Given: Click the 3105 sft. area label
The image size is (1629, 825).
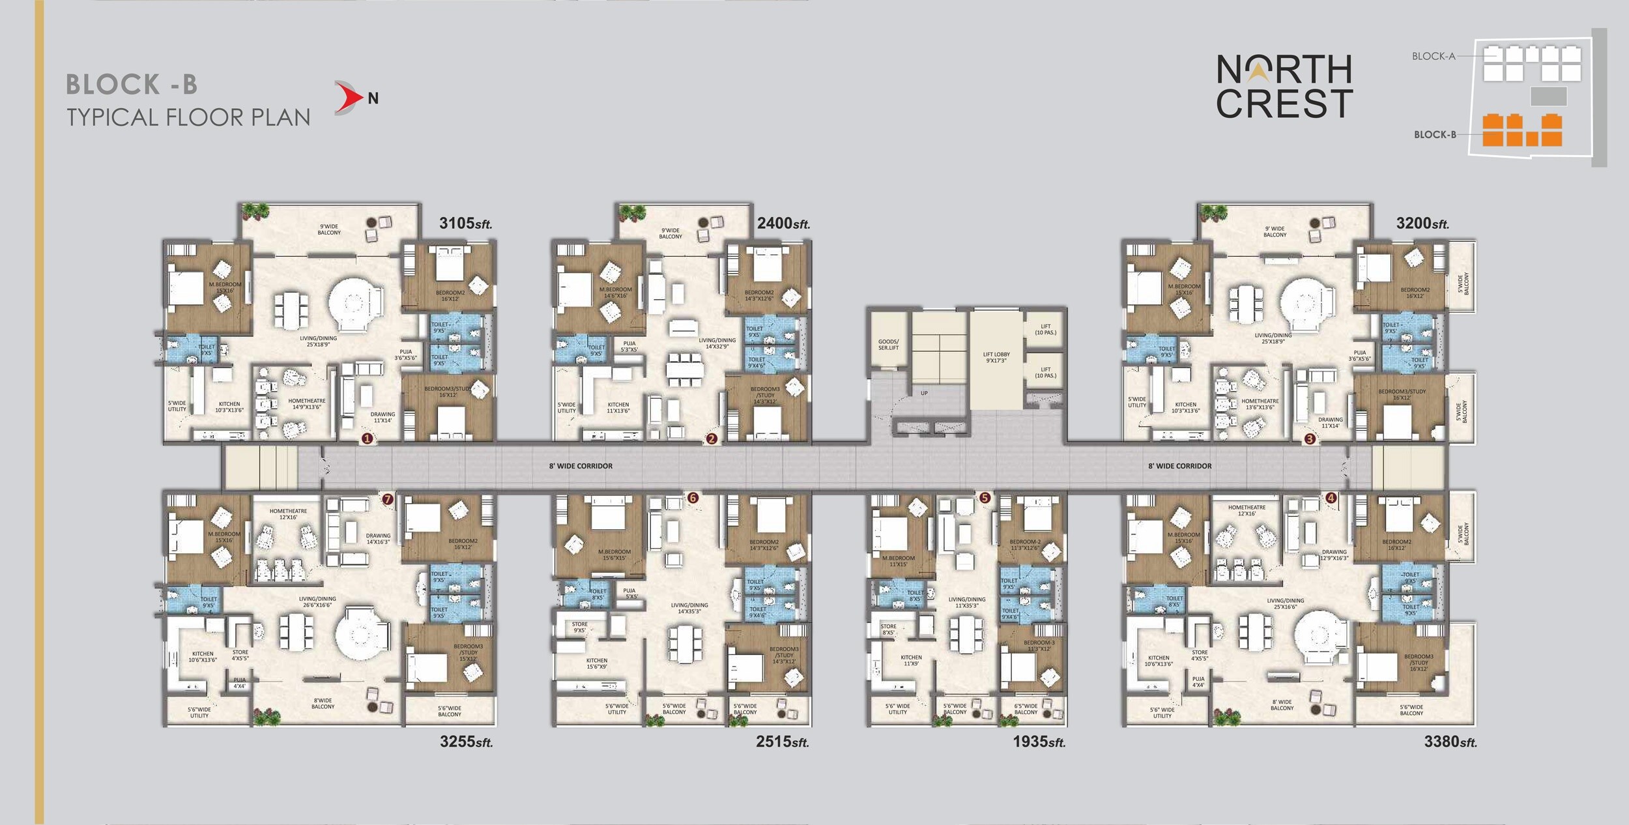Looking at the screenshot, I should pyautogui.click(x=465, y=224).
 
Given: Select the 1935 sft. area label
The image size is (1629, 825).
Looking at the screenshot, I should pyautogui.click(x=1039, y=742).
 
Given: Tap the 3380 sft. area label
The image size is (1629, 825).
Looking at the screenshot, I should pyautogui.click(x=1450, y=742).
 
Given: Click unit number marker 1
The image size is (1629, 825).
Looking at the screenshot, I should pyautogui.click(x=367, y=439).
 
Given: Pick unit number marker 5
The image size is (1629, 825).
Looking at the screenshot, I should pyautogui.click(x=985, y=498).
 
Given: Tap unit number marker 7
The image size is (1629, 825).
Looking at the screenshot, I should pyautogui.click(x=388, y=499).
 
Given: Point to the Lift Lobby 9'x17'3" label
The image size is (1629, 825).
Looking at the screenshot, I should pyautogui.click(x=996, y=358).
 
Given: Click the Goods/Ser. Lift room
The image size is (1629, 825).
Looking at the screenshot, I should pyautogui.click(x=888, y=345).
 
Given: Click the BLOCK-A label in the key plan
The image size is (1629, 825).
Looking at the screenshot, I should pyautogui.click(x=1434, y=56).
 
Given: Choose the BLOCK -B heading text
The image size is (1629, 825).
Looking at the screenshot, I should pyautogui.click(x=132, y=85).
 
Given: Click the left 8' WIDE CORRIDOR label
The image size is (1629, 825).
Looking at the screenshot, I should pyautogui.click(x=581, y=466).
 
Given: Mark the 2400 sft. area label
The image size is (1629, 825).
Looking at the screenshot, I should pyautogui.click(x=783, y=224).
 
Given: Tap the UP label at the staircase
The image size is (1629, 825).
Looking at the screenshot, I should pyautogui.click(x=924, y=393).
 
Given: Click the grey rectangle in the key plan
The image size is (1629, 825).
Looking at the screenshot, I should pyautogui.click(x=1548, y=96).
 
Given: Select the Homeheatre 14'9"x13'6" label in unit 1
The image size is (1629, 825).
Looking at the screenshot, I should pyautogui.click(x=306, y=404).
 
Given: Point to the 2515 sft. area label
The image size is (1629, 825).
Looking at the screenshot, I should pyautogui.click(x=782, y=742).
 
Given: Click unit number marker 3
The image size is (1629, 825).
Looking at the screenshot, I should pyautogui.click(x=1310, y=439).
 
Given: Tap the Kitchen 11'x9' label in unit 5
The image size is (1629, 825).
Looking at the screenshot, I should pyautogui.click(x=911, y=660).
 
